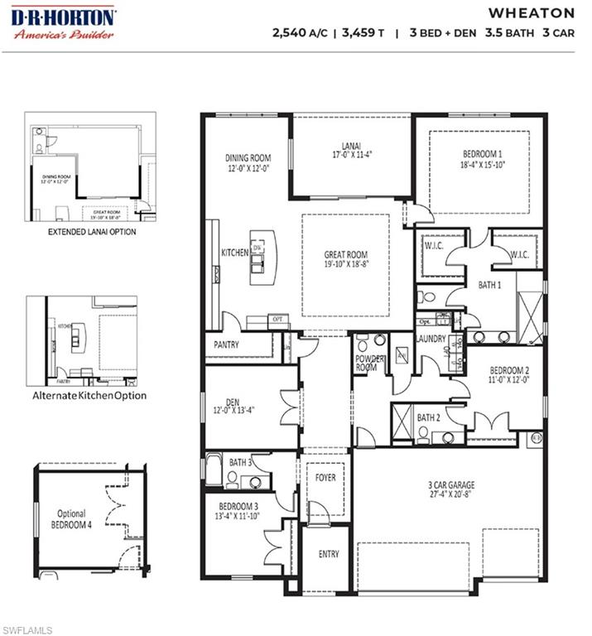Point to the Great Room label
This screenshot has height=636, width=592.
pyautogui.click(x=345, y=255)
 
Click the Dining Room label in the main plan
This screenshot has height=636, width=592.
pyautogui.click(x=248, y=158)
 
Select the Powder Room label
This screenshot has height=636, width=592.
pyautogui.click(x=367, y=362)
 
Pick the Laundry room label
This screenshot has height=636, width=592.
pyautogui.click(x=431, y=339)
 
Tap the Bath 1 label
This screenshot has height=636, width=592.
pyautogui.click(x=490, y=285)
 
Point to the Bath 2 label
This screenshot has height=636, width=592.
pyautogui.click(x=429, y=417)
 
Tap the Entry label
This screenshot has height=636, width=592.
pyautogui.click(x=329, y=554)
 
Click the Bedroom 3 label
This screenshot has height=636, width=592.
pyautogui.click(x=238, y=505)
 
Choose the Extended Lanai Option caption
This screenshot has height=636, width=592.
pyautogui.click(x=92, y=232)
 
